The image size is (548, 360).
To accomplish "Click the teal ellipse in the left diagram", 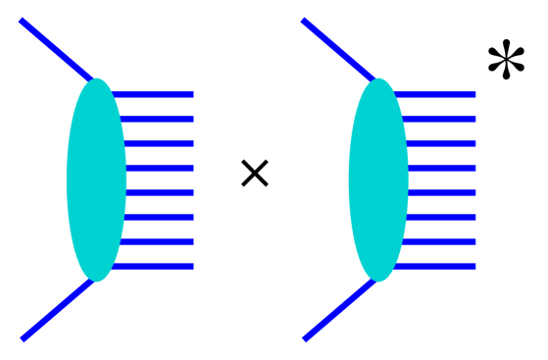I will [96, 180].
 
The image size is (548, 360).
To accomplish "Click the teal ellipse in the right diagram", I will [378, 180].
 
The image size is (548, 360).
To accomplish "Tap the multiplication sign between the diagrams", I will [254, 175].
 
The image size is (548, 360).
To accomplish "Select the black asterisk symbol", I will [506, 62].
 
